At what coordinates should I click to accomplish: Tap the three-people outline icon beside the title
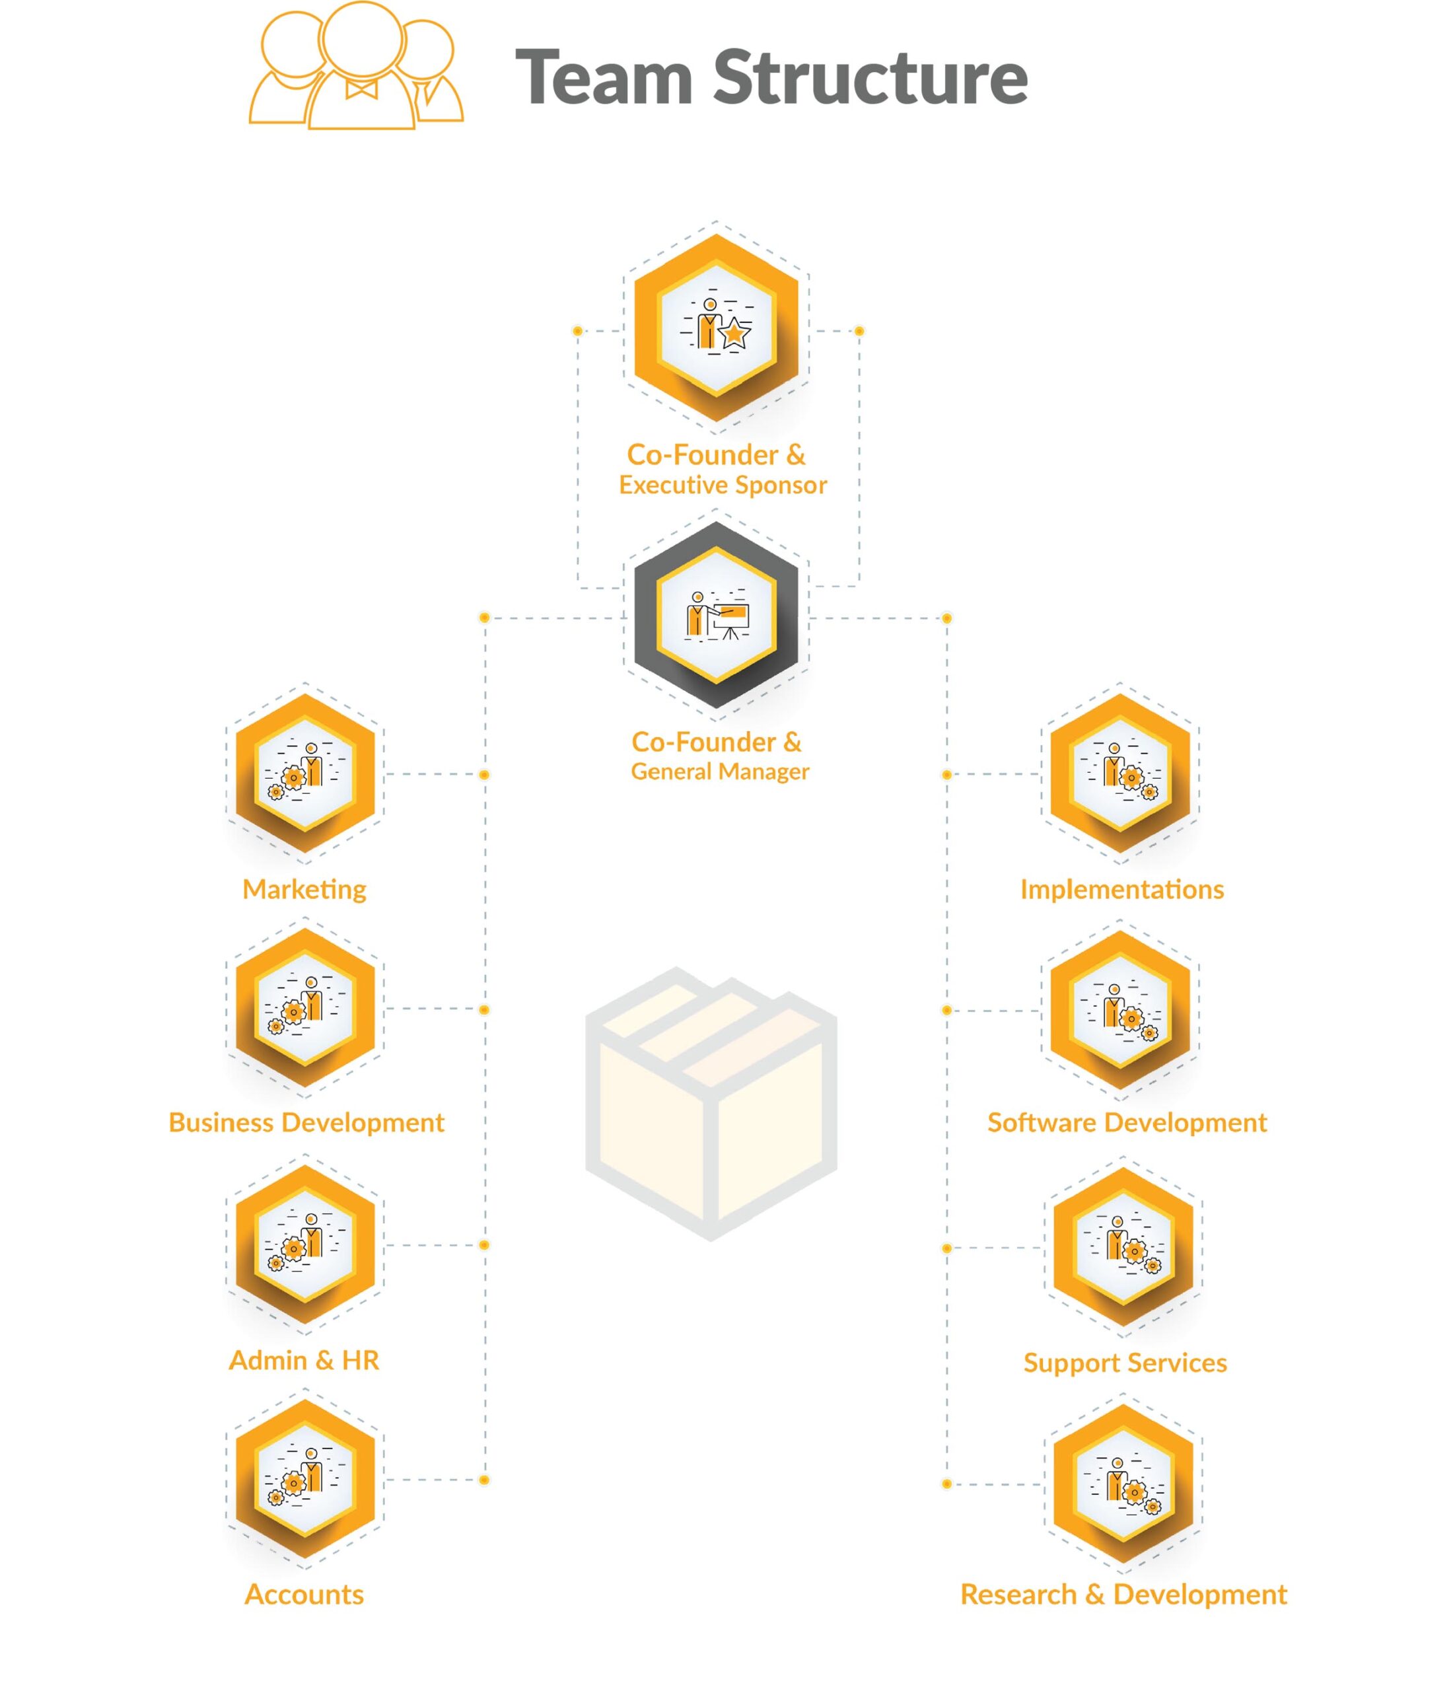[356, 65]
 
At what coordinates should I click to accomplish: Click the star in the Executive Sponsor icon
[735, 333]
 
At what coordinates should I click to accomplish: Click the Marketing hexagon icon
[305, 773]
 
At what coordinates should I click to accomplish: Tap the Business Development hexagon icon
[305, 1008]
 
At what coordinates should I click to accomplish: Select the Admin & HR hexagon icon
[305, 1244]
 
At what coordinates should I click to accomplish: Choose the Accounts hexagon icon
[305, 1479]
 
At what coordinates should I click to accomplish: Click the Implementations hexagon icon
[1120, 773]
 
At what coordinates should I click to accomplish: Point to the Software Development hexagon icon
[1120, 1011]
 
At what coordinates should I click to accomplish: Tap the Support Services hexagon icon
[1123, 1246]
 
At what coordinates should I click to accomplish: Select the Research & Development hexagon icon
[1123, 1483]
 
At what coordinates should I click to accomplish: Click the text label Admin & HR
[304, 1361]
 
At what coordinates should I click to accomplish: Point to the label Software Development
[1127, 1123]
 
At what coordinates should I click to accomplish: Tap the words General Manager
[720, 772]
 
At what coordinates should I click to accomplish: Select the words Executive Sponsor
[723, 485]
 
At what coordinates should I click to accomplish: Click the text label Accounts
[304, 1595]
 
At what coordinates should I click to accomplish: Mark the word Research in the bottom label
[1018, 1595]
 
